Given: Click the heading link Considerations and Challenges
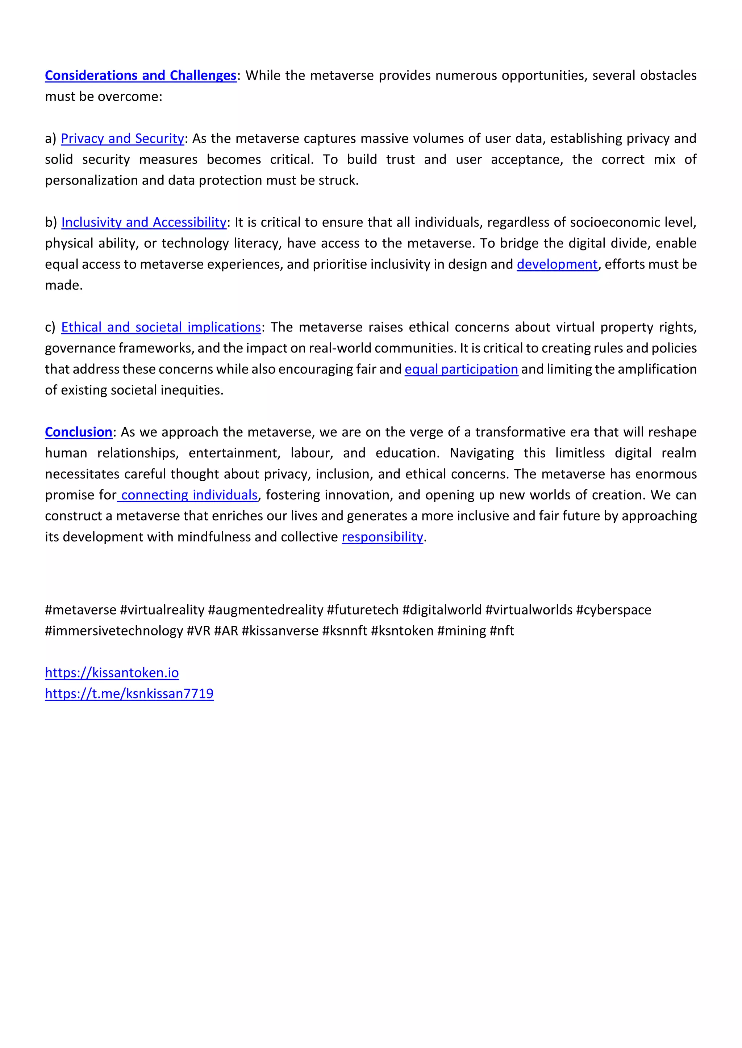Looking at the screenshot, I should [x=140, y=75].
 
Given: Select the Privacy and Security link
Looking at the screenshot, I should [x=122, y=138].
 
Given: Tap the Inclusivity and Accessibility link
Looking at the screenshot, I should [x=144, y=222].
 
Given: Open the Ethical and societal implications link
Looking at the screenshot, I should [x=161, y=327].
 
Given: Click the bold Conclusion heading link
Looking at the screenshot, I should [x=79, y=432].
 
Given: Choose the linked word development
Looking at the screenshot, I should [x=557, y=264].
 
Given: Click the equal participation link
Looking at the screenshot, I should [x=461, y=369].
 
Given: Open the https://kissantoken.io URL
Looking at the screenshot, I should [x=112, y=673].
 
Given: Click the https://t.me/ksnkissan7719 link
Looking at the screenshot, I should [x=129, y=694].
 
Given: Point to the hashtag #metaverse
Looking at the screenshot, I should [x=80, y=610].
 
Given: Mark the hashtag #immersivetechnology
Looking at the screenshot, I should [x=114, y=631].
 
